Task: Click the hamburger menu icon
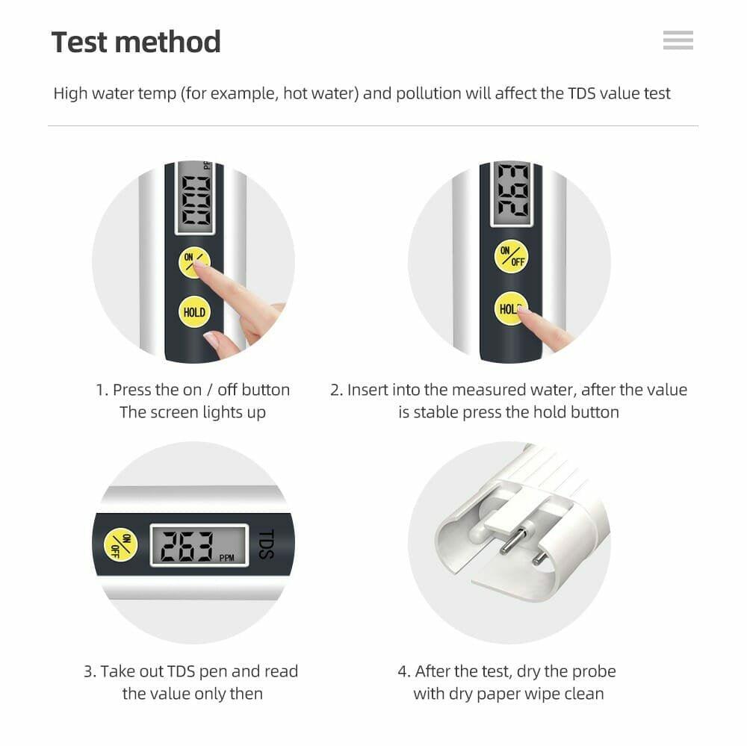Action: click(x=678, y=40)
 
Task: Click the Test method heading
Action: click(x=136, y=42)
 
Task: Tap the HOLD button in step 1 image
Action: click(x=194, y=312)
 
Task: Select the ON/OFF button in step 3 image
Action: click(x=120, y=544)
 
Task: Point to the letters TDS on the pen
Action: click(x=267, y=545)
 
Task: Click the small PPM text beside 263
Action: click(x=226, y=558)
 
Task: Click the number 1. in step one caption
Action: click(x=102, y=390)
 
